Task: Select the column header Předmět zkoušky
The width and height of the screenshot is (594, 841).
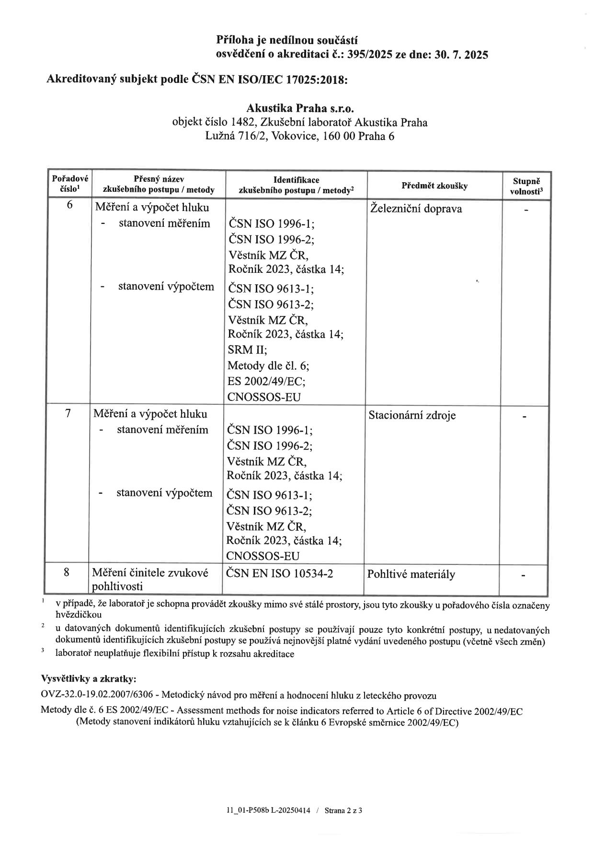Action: (434, 186)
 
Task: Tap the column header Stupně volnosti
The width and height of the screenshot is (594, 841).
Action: (526, 186)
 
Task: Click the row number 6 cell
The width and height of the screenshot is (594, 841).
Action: (70, 205)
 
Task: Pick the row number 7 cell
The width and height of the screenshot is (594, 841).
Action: (69, 412)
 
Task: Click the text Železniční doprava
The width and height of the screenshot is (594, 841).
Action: (416, 209)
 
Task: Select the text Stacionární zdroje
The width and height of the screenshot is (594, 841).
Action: (411, 415)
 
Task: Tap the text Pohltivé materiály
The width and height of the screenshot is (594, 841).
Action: (411, 574)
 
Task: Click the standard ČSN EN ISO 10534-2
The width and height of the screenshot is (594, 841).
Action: (280, 573)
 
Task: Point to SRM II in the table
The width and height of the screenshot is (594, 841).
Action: (247, 350)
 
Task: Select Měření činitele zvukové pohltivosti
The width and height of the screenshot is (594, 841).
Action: (150, 579)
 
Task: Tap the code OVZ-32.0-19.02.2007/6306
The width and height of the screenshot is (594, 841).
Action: (99, 695)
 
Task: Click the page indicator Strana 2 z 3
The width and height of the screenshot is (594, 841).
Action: (343, 811)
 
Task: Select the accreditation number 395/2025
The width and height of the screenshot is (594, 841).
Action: (366, 55)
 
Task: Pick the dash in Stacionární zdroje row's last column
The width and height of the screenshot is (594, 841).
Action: (525, 417)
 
